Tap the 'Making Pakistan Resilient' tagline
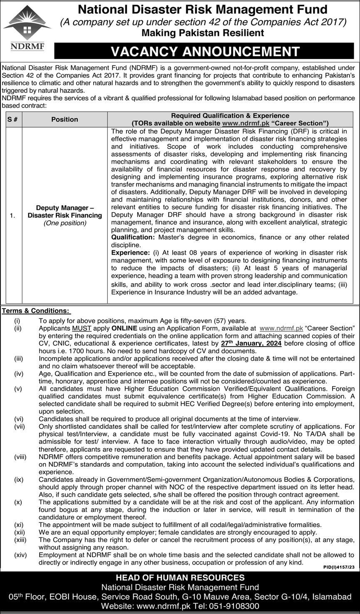(x=203, y=33)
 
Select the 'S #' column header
(x=12, y=119)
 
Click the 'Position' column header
(x=65, y=119)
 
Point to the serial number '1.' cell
(x=12, y=215)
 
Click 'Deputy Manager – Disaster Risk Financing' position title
(x=65, y=211)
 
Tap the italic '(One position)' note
(x=65, y=223)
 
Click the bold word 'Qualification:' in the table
(x=133, y=237)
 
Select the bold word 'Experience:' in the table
(x=130, y=253)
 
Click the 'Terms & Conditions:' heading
(x=36, y=311)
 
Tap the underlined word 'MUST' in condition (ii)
(x=81, y=328)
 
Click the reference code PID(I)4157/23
(x=339, y=567)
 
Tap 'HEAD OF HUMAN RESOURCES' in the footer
(x=180, y=577)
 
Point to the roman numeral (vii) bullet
(x=20, y=426)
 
